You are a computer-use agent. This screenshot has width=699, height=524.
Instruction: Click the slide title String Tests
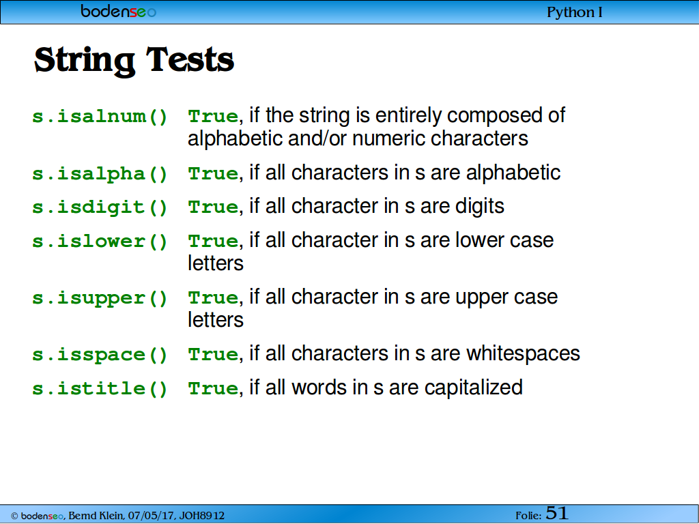(134, 60)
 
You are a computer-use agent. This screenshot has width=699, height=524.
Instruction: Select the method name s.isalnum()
(100, 117)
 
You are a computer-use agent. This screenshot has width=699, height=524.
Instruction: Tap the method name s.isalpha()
(100, 174)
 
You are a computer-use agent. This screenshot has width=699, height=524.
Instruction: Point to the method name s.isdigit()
(100, 207)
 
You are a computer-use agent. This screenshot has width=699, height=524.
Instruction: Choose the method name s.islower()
(100, 241)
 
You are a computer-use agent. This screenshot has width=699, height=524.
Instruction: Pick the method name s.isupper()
(100, 298)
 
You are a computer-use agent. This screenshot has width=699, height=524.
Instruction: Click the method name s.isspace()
(100, 355)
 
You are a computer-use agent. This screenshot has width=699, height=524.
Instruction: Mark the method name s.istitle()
(100, 388)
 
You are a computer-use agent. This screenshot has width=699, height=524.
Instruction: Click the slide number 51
(557, 513)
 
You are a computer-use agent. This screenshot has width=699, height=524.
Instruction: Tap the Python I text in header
(575, 12)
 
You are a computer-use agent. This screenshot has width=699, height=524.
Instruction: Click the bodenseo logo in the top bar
(119, 11)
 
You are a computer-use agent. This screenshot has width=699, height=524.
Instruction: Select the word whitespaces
(523, 353)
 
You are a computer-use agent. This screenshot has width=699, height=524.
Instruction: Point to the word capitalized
(474, 388)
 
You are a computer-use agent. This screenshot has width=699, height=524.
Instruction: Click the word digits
(480, 206)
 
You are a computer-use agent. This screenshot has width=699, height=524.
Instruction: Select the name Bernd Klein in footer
(96, 516)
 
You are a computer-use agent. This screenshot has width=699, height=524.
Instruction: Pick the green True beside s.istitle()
(213, 388)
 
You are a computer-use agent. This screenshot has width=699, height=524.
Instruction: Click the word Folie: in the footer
(528, 516)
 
